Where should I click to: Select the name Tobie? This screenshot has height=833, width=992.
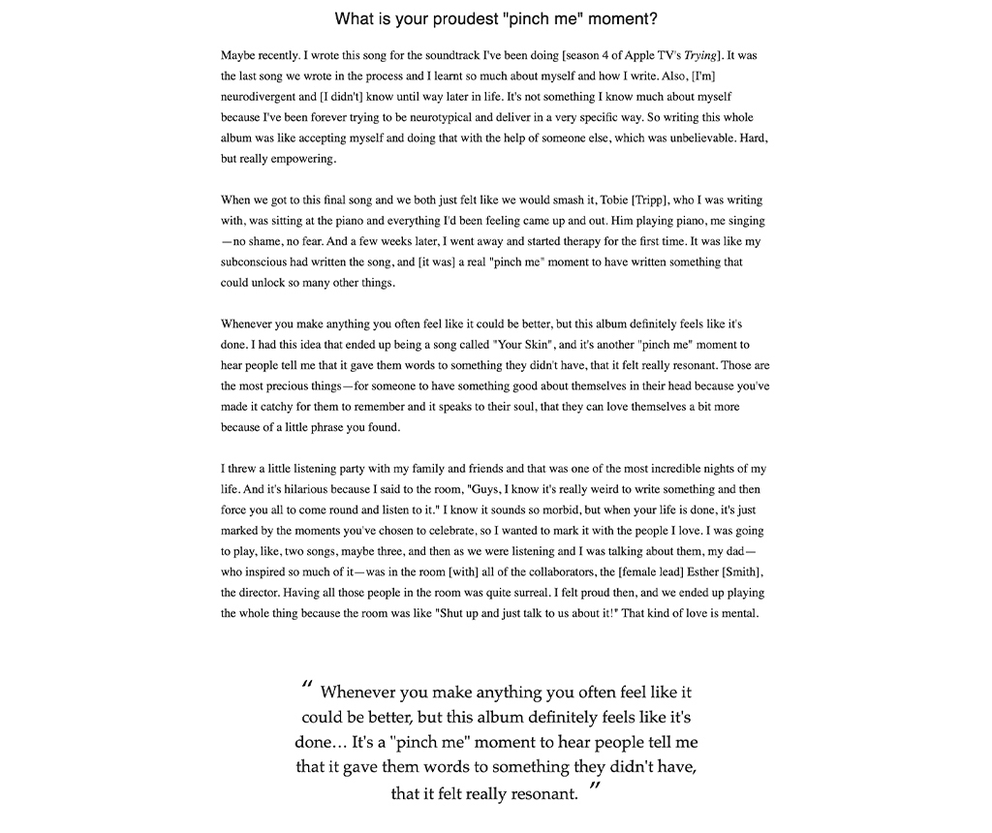[x=614, y=200]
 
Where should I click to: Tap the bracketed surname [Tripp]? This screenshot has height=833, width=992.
[x=661, y=200]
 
